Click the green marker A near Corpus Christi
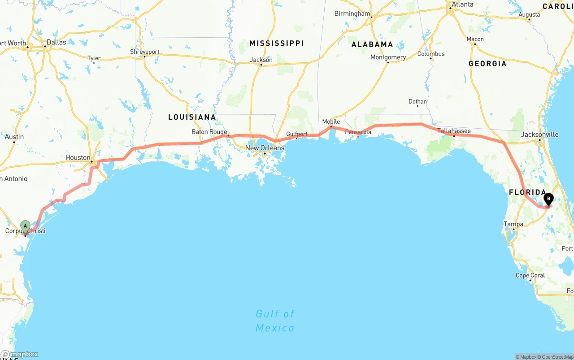point(26,226)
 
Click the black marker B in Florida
point(548,199)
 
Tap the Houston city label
point(78,157)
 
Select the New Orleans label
point(265,148)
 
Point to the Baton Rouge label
point(209,132)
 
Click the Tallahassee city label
point(454,131)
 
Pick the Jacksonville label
point(539,134)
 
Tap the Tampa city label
point(513,224)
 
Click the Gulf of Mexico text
point(275,321)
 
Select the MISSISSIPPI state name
point(277,43)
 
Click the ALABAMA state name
point(372,44)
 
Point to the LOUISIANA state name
point(192,117)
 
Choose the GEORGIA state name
point(487,64)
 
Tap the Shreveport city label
point(144,52)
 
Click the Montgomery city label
point(388,57)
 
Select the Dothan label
point(417,101)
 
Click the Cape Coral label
point(530,275)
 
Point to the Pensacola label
point(358,132)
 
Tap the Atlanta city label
point(462,4)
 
